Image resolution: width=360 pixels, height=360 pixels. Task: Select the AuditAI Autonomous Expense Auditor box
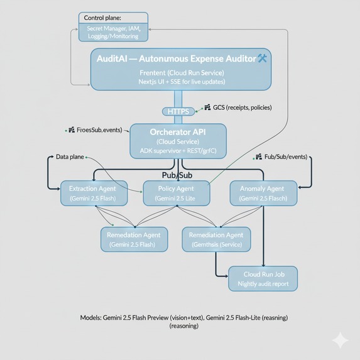(180, 70)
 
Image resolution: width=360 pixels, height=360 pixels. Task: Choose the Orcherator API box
(178, 141)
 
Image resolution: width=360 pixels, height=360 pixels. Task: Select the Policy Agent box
(177, 194)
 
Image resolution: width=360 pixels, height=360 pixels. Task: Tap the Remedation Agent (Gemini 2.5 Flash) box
(133, 239)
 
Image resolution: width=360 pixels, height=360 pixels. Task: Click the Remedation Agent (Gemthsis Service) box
(216, 239)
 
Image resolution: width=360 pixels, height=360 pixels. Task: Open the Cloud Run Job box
(261, 279)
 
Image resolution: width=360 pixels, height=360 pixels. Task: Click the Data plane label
(69, 156)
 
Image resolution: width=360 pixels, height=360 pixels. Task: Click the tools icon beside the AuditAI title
(263, 58)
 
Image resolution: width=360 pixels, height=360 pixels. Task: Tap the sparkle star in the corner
(341, 341)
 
